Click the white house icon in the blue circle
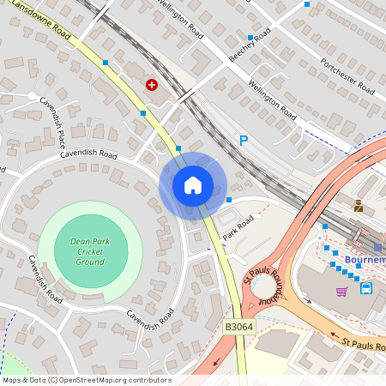click(192, 185)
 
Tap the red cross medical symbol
click(152, 84)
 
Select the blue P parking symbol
click(244, 140)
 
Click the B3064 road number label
click(238, 328)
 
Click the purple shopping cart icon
click(341, 291)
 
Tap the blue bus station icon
click(366, 288)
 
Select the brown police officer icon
click(358, 206)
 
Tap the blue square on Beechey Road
click(250, 38)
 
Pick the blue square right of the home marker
click(229, 200)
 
